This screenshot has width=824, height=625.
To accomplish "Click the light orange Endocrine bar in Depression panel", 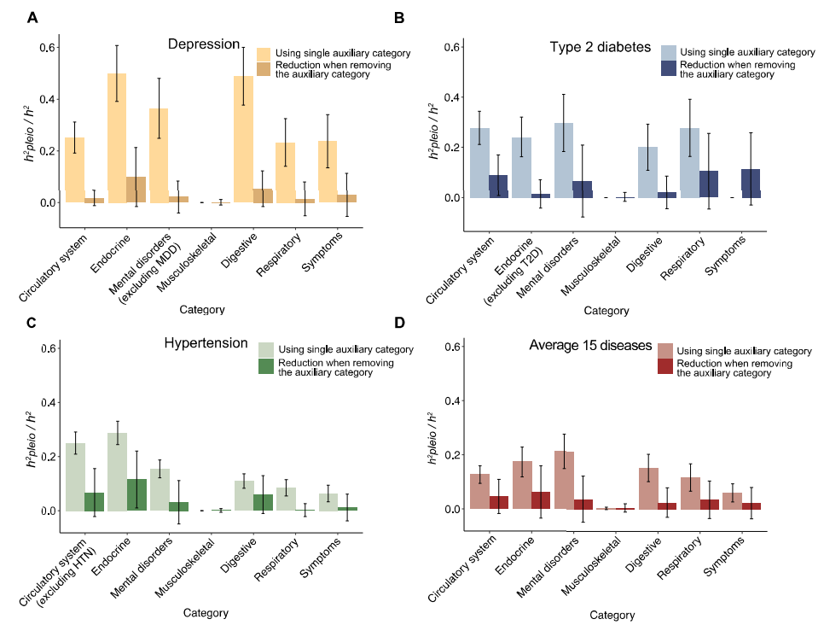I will click(x=116, y=137).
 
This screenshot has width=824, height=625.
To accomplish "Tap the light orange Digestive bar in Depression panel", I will click(x=243, y=137).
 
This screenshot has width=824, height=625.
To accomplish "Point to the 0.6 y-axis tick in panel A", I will click(x=47, y=47).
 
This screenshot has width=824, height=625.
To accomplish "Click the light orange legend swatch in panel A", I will click(x=264, y=53).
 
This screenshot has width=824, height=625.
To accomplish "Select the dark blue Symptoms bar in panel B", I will click(x=727, y=184).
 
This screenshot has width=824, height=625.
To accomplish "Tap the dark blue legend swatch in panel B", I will click(x=671, y=69).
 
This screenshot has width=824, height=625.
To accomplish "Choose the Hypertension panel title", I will click(x=204, y=343).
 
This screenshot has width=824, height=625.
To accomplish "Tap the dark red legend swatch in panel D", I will click(x=664, y=368).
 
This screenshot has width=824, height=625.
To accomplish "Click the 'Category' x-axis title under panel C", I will click(x=206, y=612).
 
